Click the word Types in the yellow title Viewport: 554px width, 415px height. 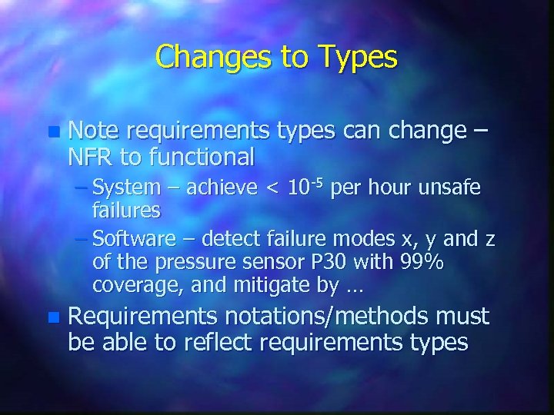pos(350,58)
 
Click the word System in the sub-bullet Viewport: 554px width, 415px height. pos(126,188)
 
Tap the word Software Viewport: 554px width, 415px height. pos(135,241)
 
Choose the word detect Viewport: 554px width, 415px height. pos(232,241)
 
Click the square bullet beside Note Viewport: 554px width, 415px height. pos(52,133)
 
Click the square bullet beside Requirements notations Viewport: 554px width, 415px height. pos(52,317)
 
